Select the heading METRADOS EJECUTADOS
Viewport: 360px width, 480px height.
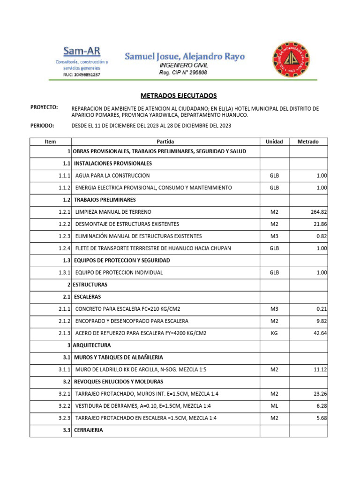click(180, 96)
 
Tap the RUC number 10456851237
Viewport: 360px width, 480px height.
click(82, 75)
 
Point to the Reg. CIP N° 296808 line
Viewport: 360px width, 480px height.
click(183, 73)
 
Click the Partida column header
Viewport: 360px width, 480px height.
click(165, 142)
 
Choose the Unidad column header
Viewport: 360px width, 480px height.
click(274, 142)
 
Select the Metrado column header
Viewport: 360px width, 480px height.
click(308, 142)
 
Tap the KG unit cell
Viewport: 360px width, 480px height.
click(274, 333)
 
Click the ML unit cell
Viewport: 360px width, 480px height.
click(274, 406)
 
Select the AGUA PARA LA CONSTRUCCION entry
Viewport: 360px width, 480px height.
click(112, 175)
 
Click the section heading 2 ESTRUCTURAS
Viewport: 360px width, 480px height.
click(90, 285)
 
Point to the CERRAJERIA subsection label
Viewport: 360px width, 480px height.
click(88, 430)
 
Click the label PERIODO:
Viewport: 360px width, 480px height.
click(43, 126)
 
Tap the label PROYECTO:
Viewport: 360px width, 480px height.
click(44, 107)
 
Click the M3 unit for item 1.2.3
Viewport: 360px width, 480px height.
click(274, 236)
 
